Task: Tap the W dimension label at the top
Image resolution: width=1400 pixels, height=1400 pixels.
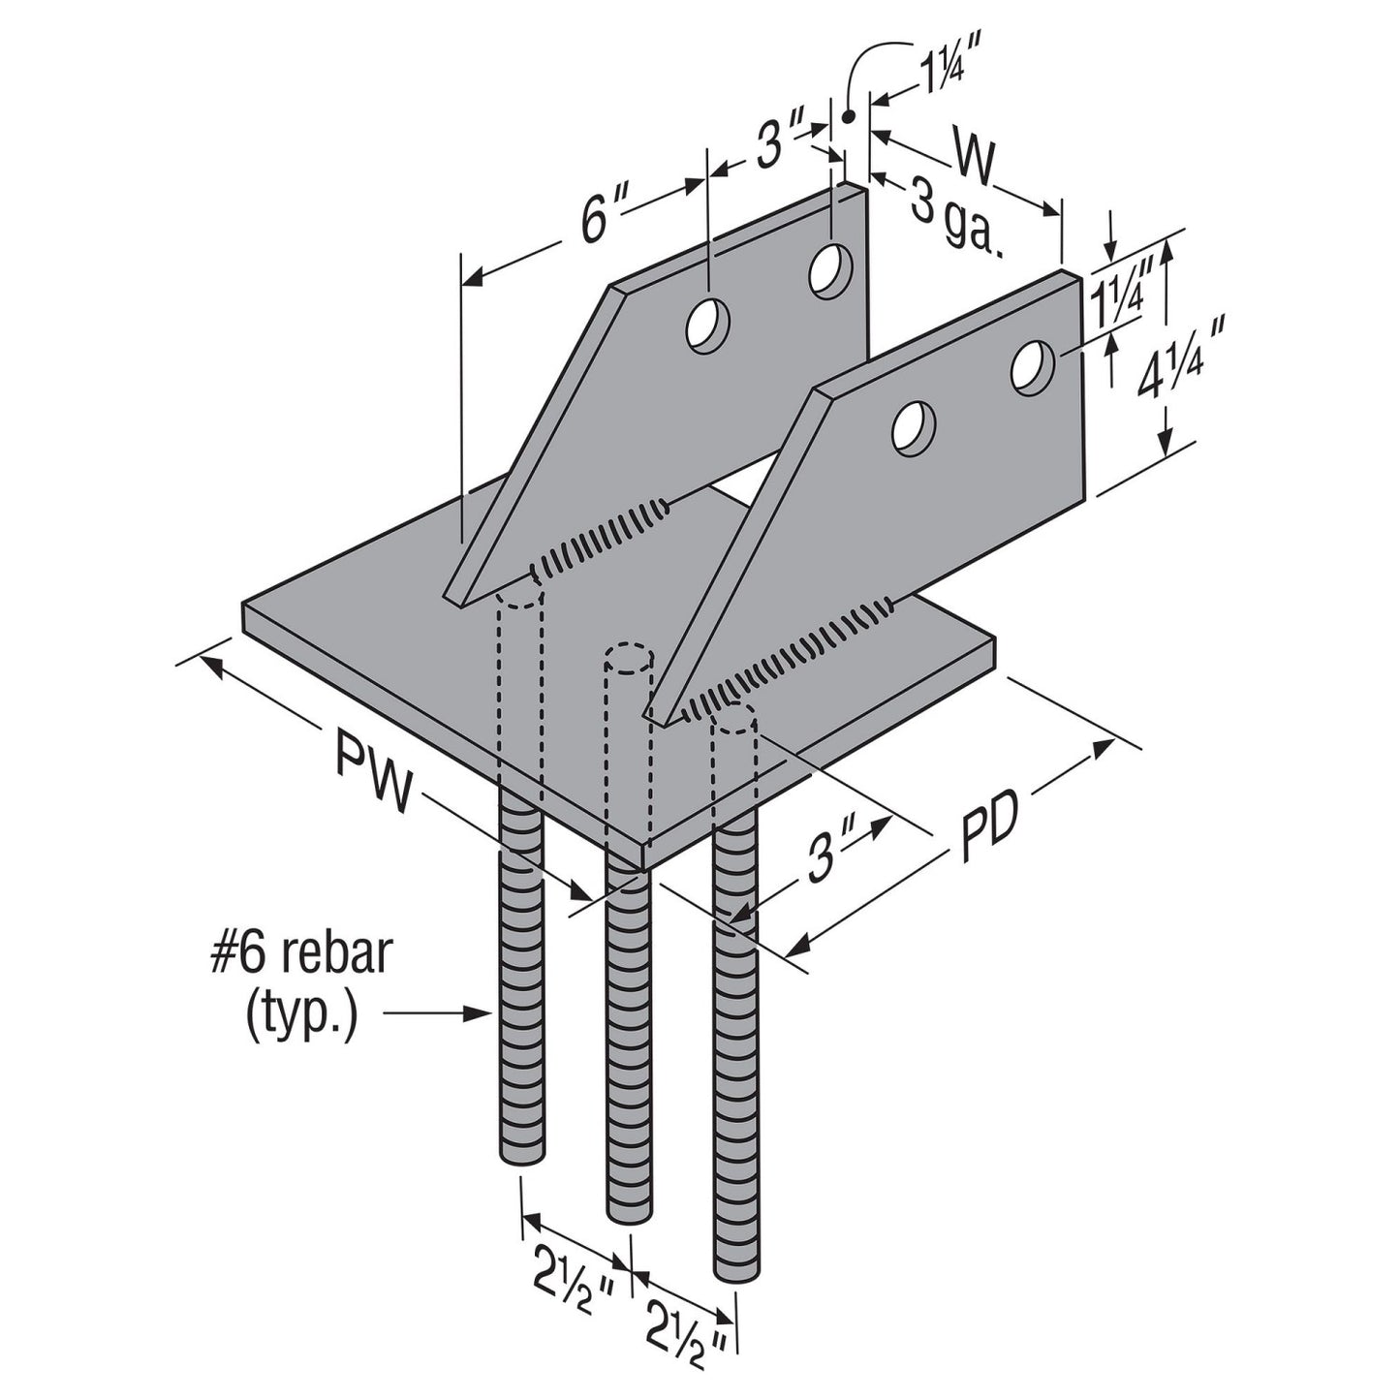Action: click(x=974, y=161)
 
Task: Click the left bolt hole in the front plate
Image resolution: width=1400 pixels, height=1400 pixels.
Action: click(x=913, y=428)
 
